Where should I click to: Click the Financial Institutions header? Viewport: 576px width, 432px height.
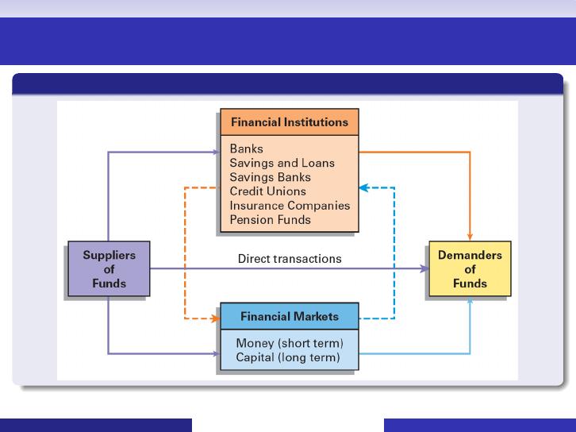(290, 122)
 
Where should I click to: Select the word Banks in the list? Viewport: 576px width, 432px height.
(247, 149)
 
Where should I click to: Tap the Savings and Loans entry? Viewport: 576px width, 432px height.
(282, 163)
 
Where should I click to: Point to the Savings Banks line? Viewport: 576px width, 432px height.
(271, 177)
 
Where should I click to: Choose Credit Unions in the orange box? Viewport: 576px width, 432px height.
(268, 191)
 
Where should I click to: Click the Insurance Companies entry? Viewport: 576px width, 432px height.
(290, 206)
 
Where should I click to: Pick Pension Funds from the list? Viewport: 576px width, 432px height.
(271, 220)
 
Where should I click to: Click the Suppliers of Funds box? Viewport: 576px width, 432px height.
(109, 268)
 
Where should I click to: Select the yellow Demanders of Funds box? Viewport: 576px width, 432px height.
(470, 268)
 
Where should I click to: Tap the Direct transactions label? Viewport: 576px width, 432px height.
(290, 259)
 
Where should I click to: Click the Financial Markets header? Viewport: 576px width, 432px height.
(290, 317)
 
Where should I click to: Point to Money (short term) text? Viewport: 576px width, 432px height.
(290, 343)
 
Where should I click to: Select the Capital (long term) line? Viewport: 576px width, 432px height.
(288, 357)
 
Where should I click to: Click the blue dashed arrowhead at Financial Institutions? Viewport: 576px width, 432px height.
(363, 188)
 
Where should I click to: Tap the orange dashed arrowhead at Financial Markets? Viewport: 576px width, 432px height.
(216, 318)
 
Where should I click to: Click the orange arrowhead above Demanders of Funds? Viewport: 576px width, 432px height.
(470, 237)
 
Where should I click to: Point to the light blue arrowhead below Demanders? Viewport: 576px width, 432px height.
(470, 300)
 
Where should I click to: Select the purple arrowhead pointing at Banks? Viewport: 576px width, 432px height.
(217, 152)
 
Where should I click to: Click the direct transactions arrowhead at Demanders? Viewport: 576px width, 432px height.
(424, 268)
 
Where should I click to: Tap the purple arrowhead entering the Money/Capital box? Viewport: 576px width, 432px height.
(217, 353)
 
